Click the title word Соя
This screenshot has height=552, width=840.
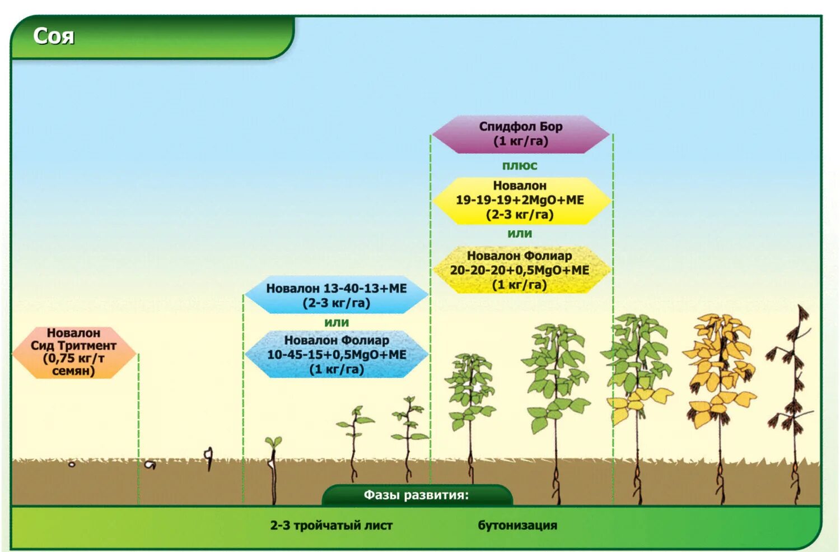(x=54, y=36)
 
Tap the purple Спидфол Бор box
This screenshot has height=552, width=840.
(x=520, y=134)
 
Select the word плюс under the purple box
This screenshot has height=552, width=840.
(x=520, y=166)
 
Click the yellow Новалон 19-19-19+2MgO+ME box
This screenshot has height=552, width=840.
(x=520, y=200)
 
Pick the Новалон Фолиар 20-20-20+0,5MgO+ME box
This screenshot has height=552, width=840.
(x=520, y=270)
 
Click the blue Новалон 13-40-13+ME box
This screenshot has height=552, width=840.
(x=337, y=295)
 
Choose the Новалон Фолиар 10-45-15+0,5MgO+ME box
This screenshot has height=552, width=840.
(x=337, y=354)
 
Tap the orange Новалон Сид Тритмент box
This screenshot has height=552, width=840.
(x=73, y=352)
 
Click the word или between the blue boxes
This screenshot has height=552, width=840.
(x=337, y=323)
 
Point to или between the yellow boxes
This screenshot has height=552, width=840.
(x=520, y=234)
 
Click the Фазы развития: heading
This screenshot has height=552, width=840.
(x=416, y=495)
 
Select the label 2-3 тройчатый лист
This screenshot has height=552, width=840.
(x=332, y=526)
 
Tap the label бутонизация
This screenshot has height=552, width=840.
(x=517, y=526)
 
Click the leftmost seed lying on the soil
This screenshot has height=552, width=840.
(x=72, y=465)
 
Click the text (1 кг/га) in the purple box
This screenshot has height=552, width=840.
(x=520, y=141)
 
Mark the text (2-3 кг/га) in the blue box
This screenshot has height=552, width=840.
(x=337, y=303)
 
